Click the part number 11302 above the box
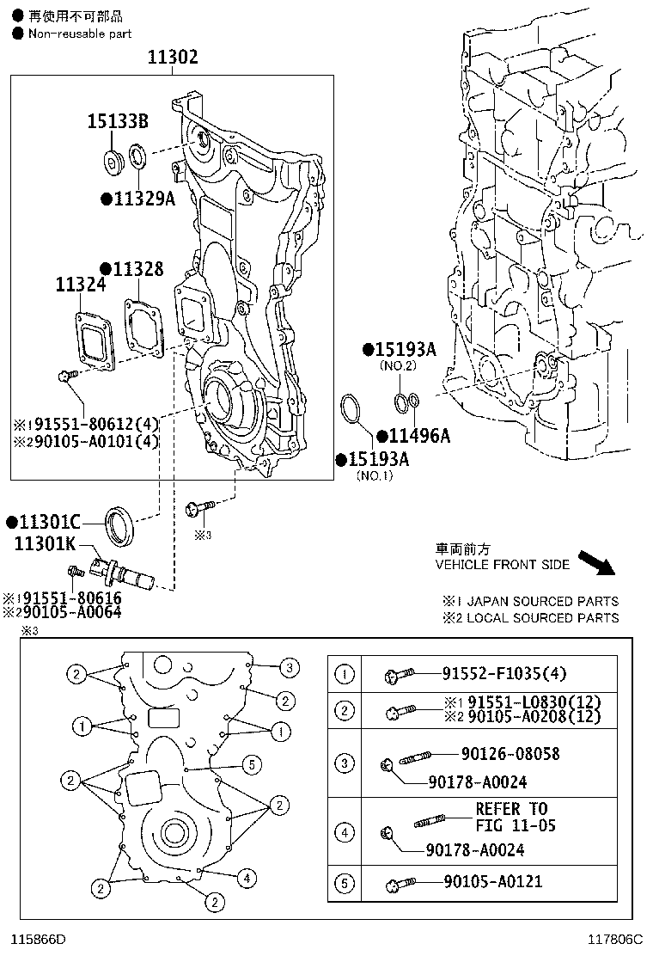(x=173, y=57)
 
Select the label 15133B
(x=118, y=120)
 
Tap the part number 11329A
(x=145, y=198)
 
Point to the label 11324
(x=81, y=284)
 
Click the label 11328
(x=138, y=268)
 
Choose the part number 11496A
(x=419, y=435)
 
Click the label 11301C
(x=50, y=522)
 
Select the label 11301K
(x=46, y=542)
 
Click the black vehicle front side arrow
(x=597, y=563)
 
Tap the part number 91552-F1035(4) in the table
(x=504, y=673)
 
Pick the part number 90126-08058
(x=510, y=754)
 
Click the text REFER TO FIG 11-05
(x=516, y=817)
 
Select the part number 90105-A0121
(x=493, y=881)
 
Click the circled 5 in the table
(x=345, y=883)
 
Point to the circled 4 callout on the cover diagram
(x=247, y=878)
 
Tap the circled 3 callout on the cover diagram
(x=290, y=668)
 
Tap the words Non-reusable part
(x=80, y=34)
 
